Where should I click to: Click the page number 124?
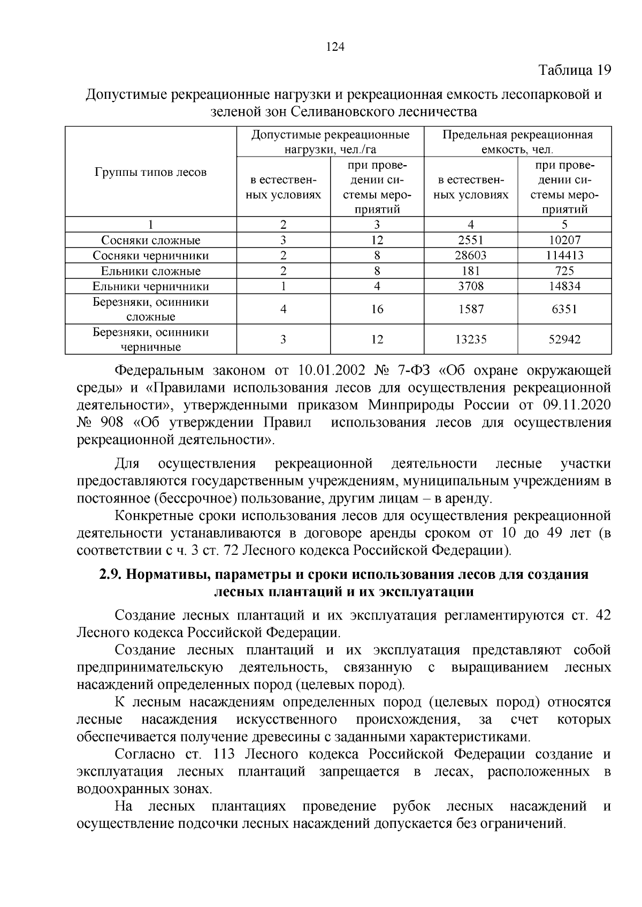[334, 46]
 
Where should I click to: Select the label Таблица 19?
[574, 71]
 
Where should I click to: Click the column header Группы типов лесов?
[150, 172]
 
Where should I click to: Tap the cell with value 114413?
[564, 255]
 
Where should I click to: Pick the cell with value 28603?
[470, 255]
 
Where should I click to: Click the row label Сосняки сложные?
[150, 241]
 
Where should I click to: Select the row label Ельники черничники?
[150, 286]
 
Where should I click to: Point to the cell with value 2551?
[470, 241]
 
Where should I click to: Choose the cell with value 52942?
[564, 339]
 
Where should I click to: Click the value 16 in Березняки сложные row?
[377, 309]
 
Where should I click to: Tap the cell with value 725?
[564, 271]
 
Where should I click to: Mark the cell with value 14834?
[564, 286]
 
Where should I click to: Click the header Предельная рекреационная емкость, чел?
[517, 142]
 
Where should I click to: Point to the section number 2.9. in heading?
[112, 575]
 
